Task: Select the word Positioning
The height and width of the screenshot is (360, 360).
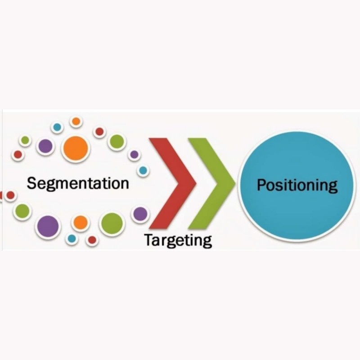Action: (297, 185)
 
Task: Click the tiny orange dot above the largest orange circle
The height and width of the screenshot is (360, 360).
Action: (76, 121)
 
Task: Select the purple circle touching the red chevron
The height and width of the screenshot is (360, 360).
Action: (140, 214)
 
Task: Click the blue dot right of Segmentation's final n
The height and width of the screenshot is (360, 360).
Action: (143, 171)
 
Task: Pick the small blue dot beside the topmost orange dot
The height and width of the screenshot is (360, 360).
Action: (57, 127)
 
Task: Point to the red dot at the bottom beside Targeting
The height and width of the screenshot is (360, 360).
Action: (92, 240)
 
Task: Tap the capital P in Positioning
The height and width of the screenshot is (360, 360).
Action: (261, 185)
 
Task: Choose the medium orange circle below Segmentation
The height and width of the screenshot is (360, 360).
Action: (81, 222)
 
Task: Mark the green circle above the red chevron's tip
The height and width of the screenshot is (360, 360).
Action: (117, 142)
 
